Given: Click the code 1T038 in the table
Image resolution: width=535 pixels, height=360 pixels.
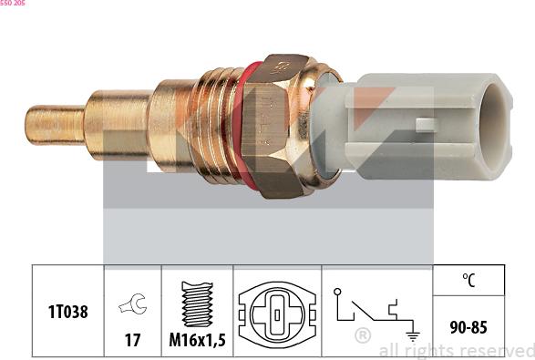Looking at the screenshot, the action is [67, 312].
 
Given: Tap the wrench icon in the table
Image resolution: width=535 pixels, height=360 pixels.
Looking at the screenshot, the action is [133, 303].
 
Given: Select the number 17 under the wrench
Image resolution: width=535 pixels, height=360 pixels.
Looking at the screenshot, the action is [132, 340].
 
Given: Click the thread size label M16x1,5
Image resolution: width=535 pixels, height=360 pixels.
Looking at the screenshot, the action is [197, 340].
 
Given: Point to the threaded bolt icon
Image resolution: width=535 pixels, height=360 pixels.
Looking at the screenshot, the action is [197, 304].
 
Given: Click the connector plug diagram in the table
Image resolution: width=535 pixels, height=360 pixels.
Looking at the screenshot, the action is [277, 314].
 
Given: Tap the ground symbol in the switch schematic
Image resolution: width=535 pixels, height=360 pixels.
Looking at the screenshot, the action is [413, 335].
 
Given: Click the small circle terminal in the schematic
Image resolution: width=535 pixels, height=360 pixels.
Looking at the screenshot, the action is [337, 292].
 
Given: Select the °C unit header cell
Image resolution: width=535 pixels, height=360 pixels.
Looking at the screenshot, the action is [468, 280].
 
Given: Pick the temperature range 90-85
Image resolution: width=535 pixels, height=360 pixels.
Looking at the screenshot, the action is [468, 327].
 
